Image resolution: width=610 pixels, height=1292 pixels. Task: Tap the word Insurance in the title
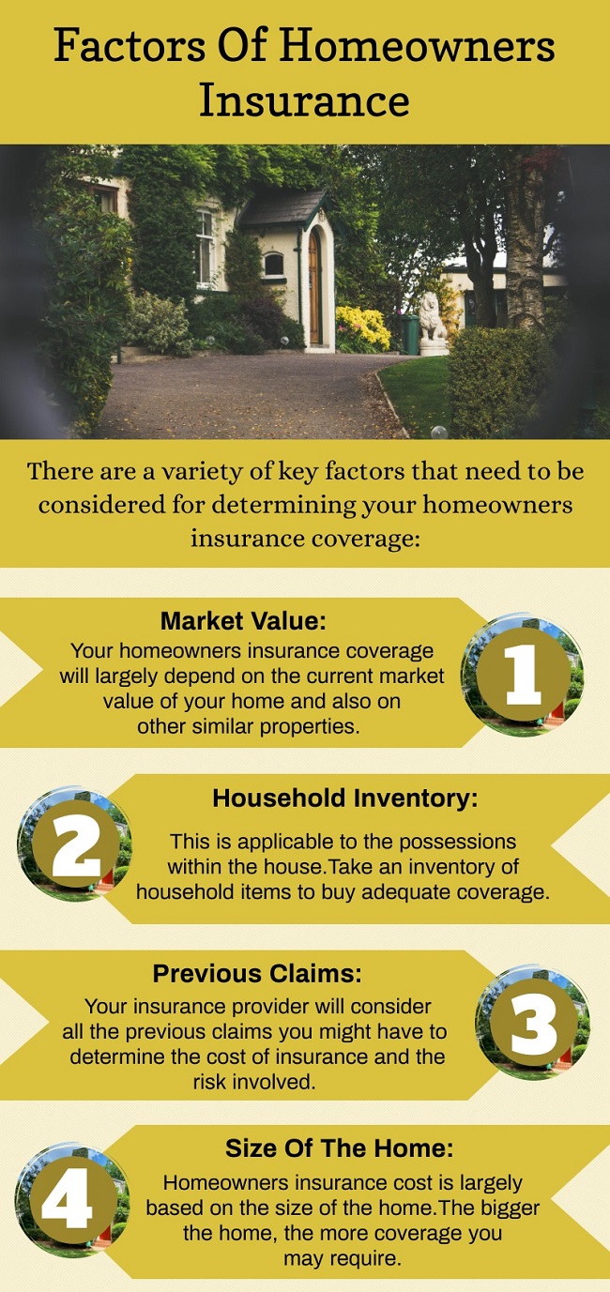(305, 100)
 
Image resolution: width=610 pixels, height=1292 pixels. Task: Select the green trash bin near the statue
(410, 335)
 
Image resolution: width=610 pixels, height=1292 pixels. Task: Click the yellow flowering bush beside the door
(363, 328)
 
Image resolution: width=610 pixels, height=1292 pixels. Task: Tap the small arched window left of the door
(273, 265)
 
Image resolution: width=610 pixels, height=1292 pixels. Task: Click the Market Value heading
(243, 620)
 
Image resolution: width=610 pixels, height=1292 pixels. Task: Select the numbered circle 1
(523, 675)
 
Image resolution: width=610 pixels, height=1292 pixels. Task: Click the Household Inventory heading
(345, 798)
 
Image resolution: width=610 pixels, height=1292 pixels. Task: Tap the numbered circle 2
(75, 843)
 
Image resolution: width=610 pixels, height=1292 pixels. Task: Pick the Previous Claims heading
(257, 973)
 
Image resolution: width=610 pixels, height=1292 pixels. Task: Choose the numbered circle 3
(533, 1022)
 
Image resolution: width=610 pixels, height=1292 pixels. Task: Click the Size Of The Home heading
(340, 1148)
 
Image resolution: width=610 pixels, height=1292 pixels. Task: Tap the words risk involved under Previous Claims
(254, 1082)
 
